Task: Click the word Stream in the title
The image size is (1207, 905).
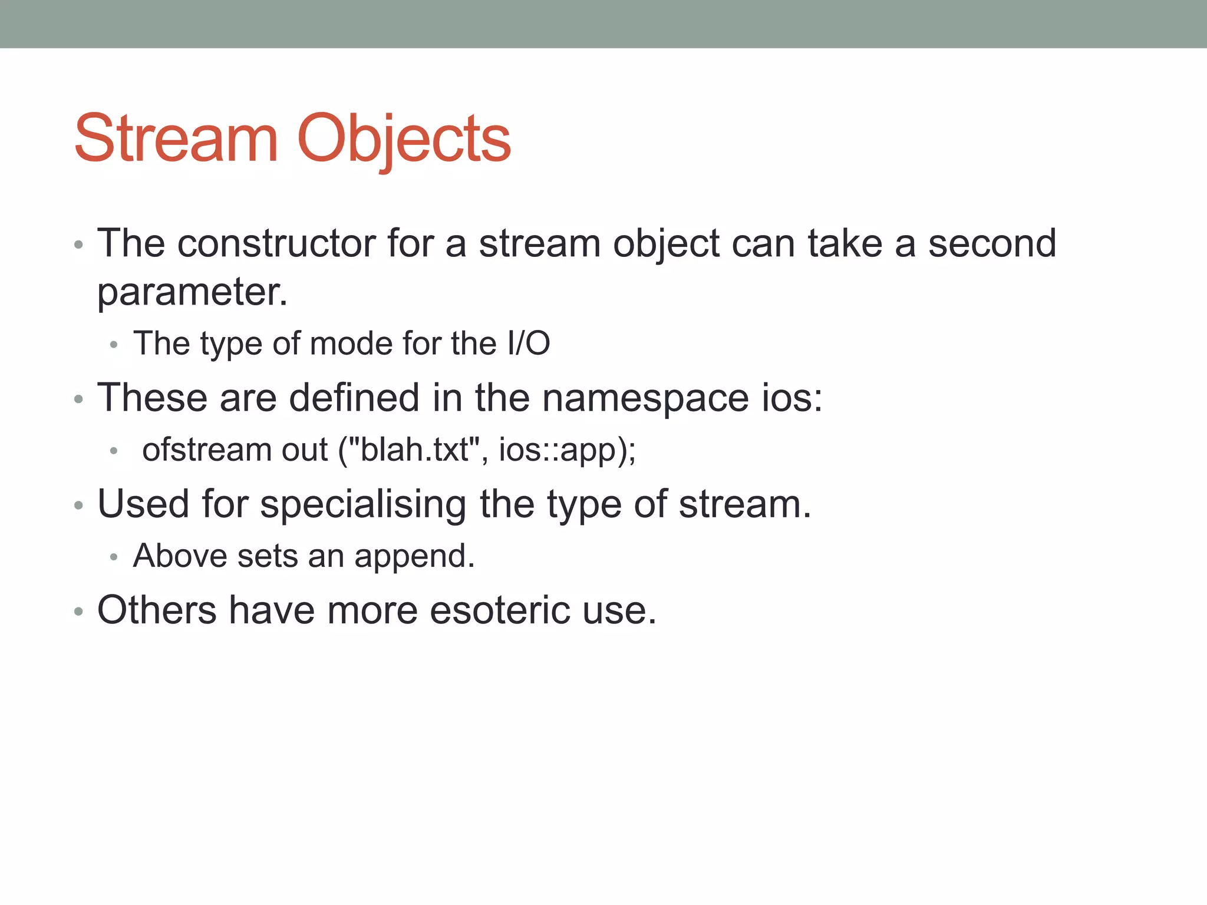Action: (176, 139)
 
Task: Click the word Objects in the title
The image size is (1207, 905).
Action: (404, 139)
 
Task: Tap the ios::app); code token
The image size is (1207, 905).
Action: (567, 450)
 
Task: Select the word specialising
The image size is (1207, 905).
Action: (363, 504)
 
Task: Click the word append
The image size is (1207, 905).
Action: (414, 556)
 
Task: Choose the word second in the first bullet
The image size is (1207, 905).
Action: (992, 243)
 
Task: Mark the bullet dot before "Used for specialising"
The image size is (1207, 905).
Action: (78, 506)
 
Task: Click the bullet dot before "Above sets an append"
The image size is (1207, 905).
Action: (114, 557)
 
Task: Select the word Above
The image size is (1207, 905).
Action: (180, 556)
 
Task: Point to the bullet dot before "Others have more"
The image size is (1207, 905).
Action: (78, 612)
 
